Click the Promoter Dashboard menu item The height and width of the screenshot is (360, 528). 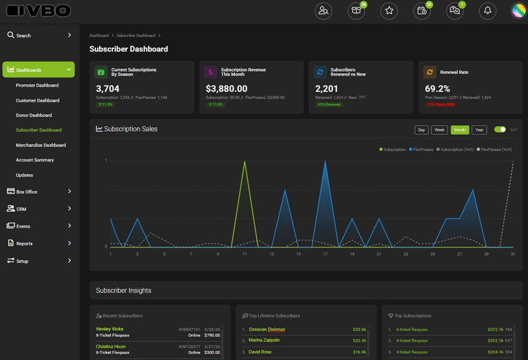pos(37,86)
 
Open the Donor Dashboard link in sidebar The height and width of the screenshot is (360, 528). pos(34,115)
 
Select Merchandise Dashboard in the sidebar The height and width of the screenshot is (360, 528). pos(41,145)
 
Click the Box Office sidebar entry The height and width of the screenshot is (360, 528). pos(27,192)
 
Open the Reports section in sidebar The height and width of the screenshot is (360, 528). pos(25,244)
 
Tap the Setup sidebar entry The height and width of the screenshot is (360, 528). pos(22,261)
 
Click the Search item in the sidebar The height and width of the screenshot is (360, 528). pos(24,36)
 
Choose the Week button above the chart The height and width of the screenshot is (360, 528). pos(439,130)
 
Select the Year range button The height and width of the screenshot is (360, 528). pos(479,130)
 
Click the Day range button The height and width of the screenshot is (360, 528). pos(421,130)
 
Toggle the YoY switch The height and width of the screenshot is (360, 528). pos(499,130)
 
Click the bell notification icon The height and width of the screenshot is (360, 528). pos(488,11)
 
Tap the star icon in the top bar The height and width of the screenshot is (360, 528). pos(389,11)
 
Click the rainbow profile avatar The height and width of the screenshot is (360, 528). pos(518,11)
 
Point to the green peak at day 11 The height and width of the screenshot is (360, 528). pos(245,162)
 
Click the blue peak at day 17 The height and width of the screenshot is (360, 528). pos(325,162)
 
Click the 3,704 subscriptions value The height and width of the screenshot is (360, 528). pos(108,89)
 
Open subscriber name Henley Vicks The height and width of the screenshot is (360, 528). pos(110,329)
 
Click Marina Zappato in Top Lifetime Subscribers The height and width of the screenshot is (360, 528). pos(264,340)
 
